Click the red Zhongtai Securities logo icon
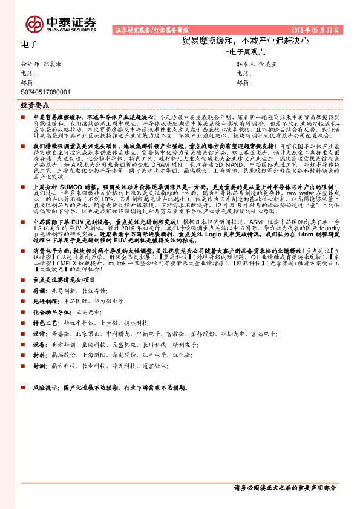tap(33, 23)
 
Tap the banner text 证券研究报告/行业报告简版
tap(151, 29)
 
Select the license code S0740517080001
tap(45, 92)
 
